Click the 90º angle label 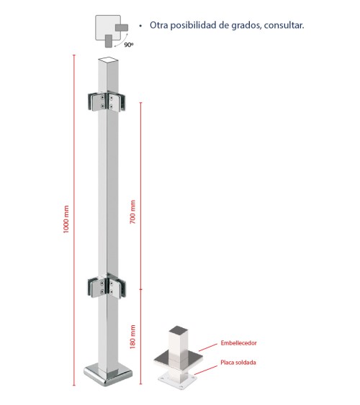pos(128,44)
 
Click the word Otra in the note pos(159,25)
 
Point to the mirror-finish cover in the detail pos(175,358)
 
